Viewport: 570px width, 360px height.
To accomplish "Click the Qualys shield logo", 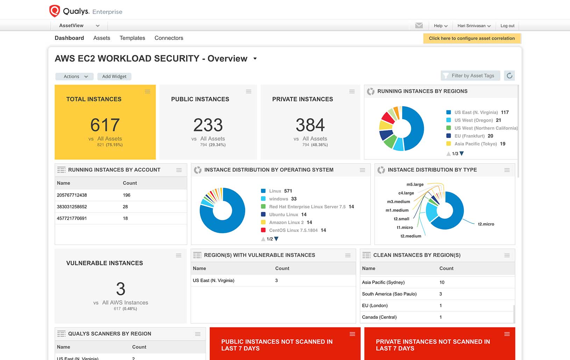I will [x=55, y=11].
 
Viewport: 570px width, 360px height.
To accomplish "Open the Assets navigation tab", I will [x=101, y=38].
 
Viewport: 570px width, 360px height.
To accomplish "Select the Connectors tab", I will [x=169, y=38].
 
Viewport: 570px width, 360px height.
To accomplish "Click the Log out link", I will [x=507, y=26].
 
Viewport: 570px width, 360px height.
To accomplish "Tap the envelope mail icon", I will [x=419, y=26].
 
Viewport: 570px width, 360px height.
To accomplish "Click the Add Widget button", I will [x=114, y=77].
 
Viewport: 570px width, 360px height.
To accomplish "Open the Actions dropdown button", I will [x=74, y=77].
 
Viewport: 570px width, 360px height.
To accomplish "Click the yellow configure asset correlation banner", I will [x=471, y=38].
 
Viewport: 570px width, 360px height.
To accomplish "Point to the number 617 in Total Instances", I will [x=105, y=125].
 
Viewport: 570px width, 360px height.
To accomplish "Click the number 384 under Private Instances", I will [x=310, y=125].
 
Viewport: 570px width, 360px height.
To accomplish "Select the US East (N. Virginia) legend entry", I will [x=476, y=113].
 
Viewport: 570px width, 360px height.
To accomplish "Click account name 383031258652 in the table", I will [x=72, y=207].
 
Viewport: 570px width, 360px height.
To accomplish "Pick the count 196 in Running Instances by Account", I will [x=127, y=195].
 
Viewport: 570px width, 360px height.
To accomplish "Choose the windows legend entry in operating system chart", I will [x=278, y=199].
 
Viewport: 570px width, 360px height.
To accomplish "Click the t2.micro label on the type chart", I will [x=486, y=224].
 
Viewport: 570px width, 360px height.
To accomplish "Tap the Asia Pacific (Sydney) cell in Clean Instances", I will [x=383, y=282].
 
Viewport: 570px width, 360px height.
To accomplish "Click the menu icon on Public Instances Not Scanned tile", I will [x=352, y=334].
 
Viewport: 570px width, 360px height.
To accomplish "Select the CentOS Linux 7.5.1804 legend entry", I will [x=293, y=230].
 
